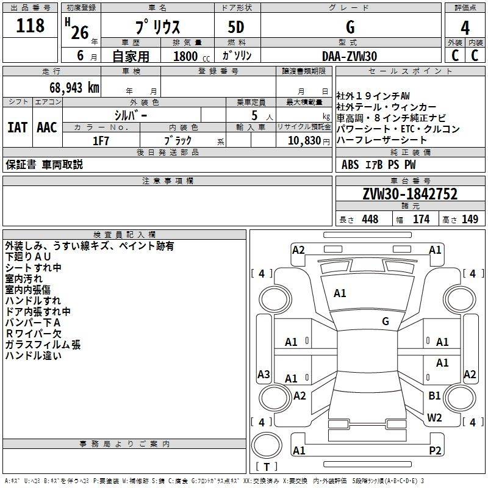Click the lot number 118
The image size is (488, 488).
pyautogui.click(x=30, y=25)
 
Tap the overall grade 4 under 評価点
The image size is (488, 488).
pyautogui.click(x=465, y=28)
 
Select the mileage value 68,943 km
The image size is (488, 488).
pyautogui.click(x=74, y=87)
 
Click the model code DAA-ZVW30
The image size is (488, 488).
pyautogui.click(x=350, y=56)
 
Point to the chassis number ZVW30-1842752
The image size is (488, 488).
pyautogui.click(x=410, y=194)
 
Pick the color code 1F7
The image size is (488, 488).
pyautogui.click(x=101, y=141)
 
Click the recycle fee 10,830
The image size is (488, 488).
pyautogui.click(x=304, y=140)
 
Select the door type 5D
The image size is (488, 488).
pyautogui.click(x=236, y=27)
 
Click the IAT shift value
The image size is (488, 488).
pyautogui.click(x=18, y=127)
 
